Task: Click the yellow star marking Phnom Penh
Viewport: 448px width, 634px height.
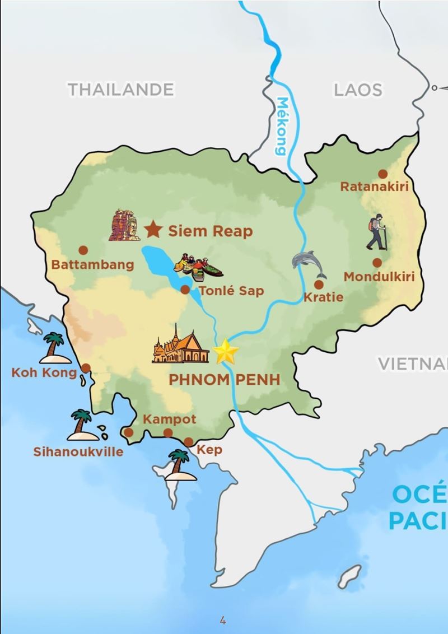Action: (x=226, y=351)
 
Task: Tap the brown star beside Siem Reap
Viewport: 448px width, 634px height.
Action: (x=152, y=229)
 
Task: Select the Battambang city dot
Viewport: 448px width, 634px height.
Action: (x=83, y=250)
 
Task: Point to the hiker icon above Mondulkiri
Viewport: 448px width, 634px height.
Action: (x=377, y=231)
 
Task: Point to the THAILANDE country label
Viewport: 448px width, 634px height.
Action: (x=120, y=89)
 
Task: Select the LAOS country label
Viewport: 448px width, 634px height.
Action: (x=358, y=89)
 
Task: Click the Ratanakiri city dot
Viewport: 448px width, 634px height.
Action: (x=383, y=174)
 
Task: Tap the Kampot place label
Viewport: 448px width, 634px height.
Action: (x=170, y=419)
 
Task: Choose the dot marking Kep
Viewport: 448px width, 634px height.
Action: (x=189, y=441)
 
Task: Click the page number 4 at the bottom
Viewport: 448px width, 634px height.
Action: (x=223, y=619)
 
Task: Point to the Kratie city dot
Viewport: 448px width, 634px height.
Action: (x=319, y=285)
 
